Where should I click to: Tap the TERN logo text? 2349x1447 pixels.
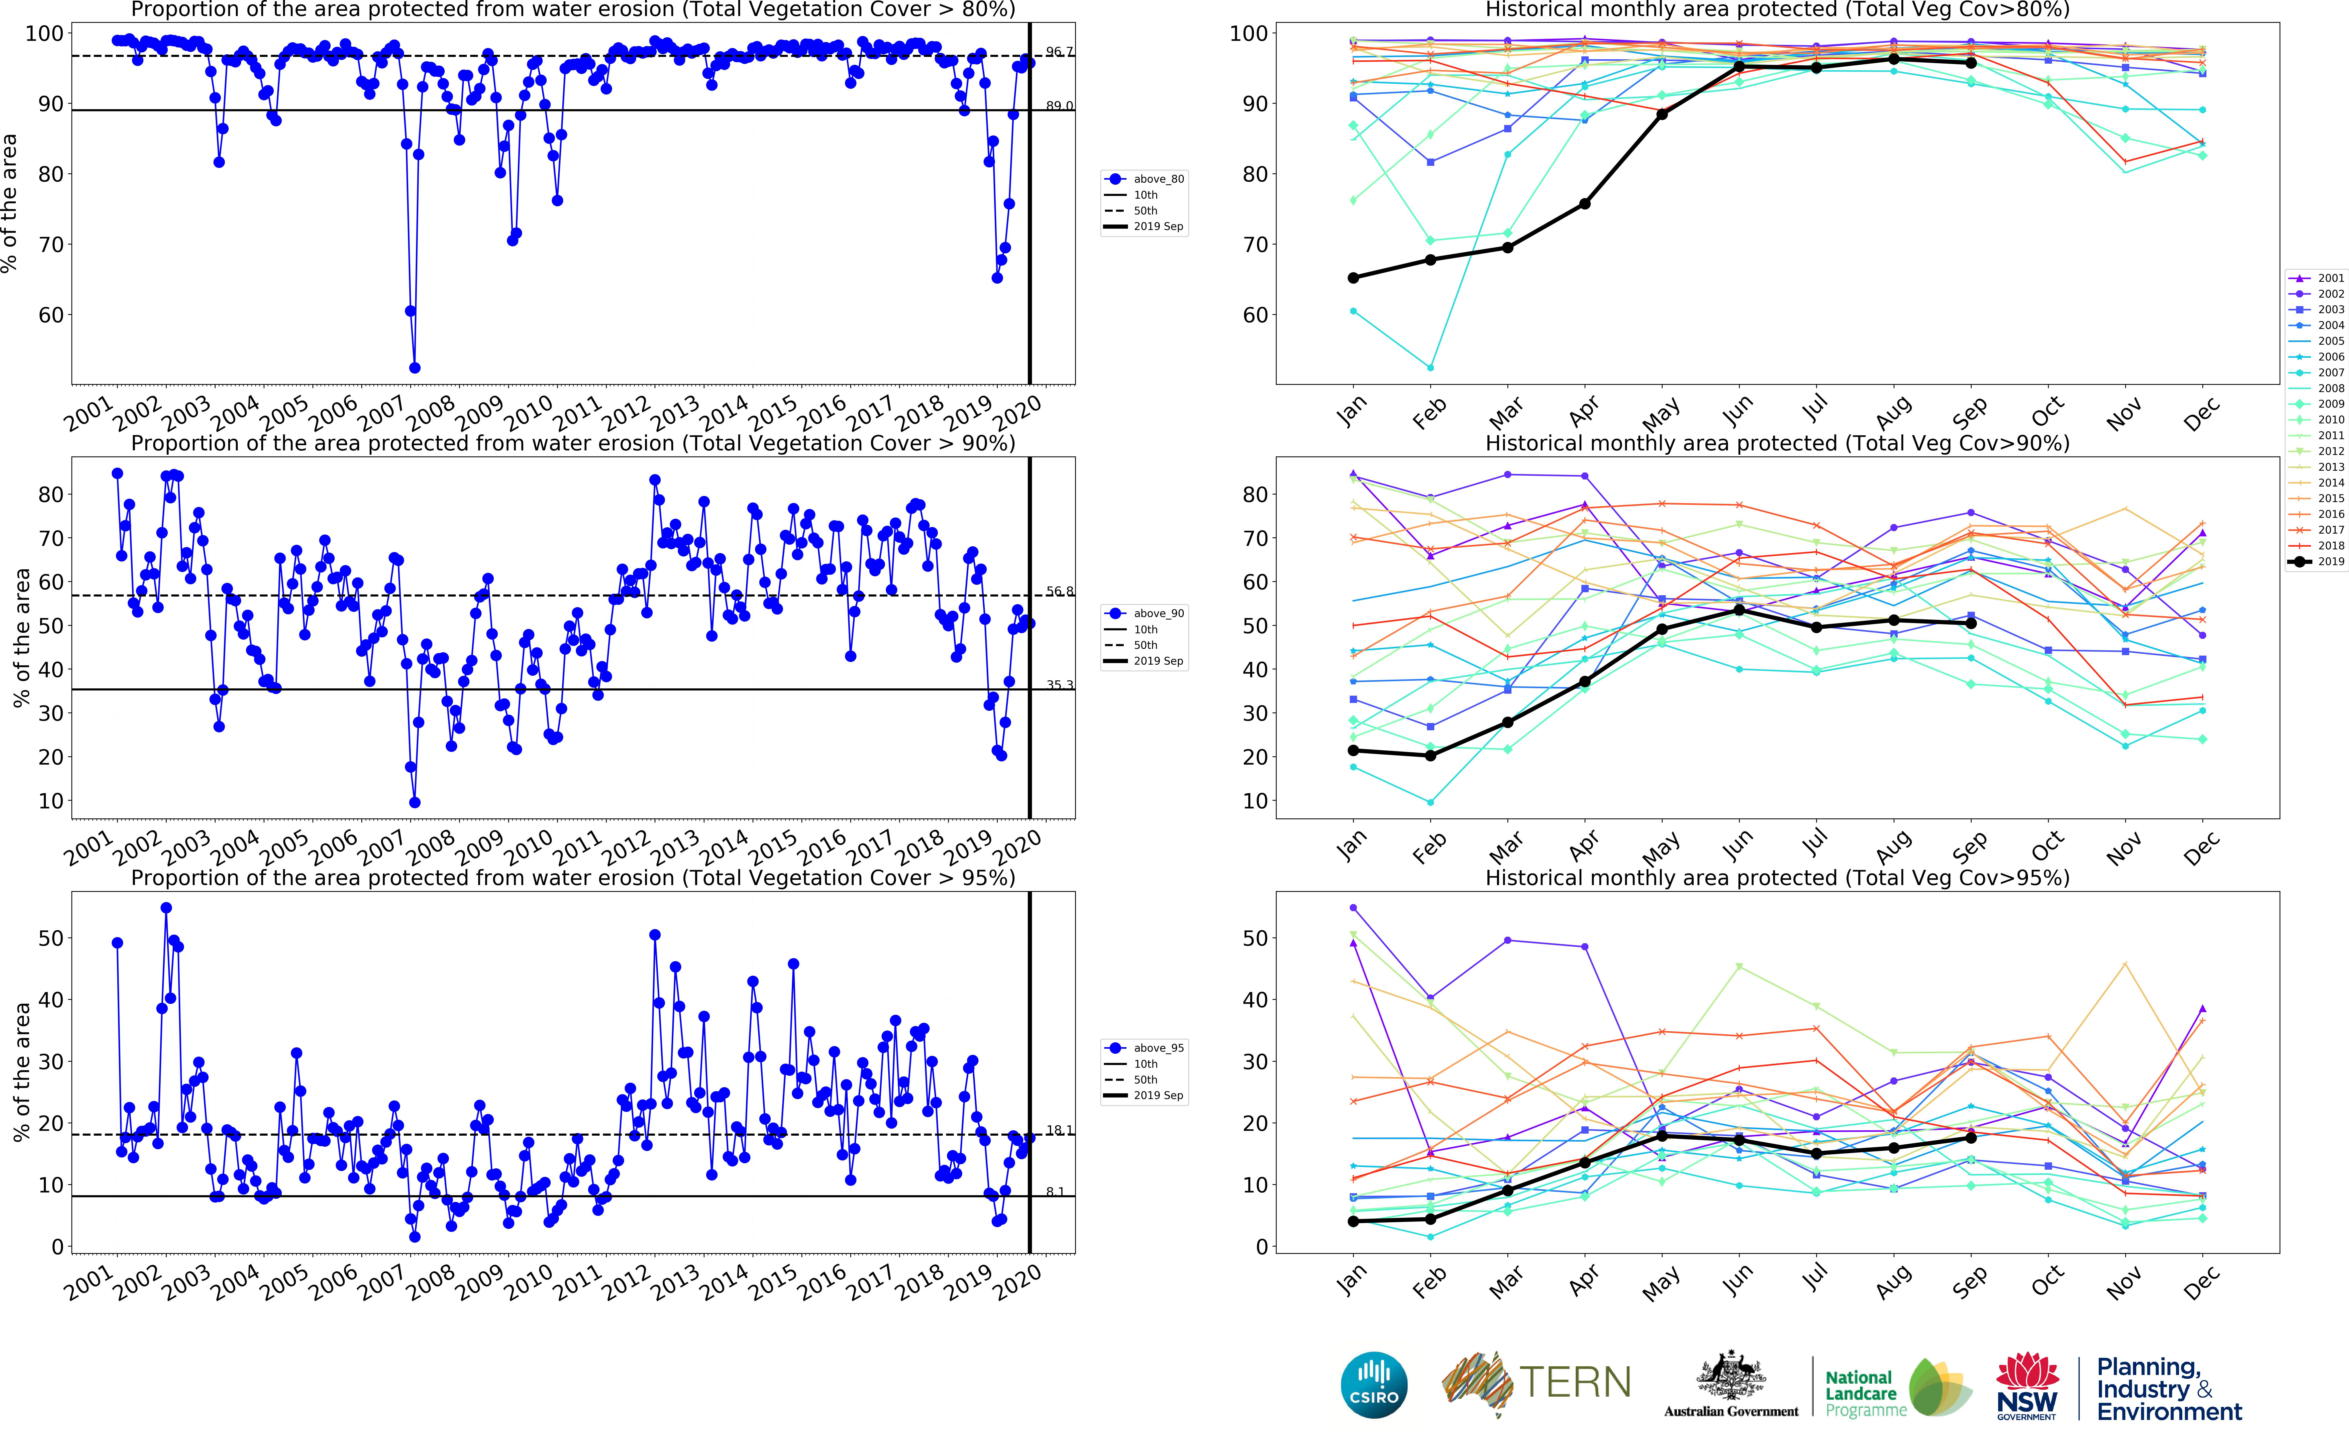(1575, 1383)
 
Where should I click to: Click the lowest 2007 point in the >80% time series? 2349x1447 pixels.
(415, 368)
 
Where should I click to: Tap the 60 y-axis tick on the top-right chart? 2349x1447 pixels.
(1255, 315)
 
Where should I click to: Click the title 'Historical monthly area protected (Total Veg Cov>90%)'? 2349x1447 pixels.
(1777, 443)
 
